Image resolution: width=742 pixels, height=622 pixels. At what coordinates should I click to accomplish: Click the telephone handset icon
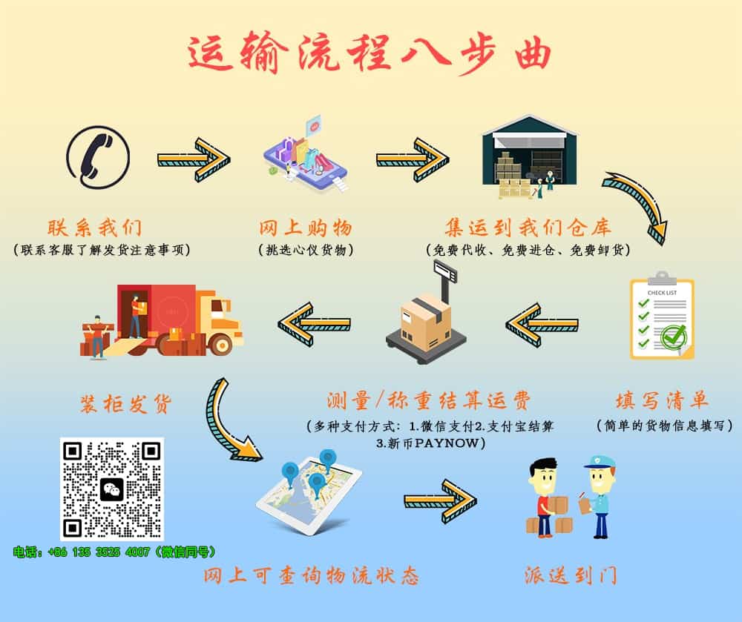click(x=98, y=157)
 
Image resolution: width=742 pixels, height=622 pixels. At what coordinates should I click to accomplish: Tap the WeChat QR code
click(x=112, y=489)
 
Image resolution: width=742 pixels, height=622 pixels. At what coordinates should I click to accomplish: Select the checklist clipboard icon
click(x=662, y=315)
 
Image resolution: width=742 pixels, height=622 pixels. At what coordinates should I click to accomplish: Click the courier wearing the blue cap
click(x=597, y=496)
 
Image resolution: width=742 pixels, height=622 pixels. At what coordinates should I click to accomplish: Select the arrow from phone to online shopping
click(x=194, y=159)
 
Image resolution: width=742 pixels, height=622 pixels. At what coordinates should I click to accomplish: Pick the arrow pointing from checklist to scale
click(x=542, y=325)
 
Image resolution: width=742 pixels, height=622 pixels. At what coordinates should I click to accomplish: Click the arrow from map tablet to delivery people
click(x=441, y=501)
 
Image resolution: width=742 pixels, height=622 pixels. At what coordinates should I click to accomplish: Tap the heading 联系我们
click(x=95, y=228)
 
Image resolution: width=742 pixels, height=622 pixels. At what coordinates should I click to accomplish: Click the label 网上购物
click(x=306, y=228)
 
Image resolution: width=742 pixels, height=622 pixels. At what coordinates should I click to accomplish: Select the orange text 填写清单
click(x=662, y=401)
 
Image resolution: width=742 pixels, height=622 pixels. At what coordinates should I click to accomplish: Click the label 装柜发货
click(x=126, y=404)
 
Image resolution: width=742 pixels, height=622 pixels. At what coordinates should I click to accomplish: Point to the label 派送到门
click(x=571, y=576)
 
